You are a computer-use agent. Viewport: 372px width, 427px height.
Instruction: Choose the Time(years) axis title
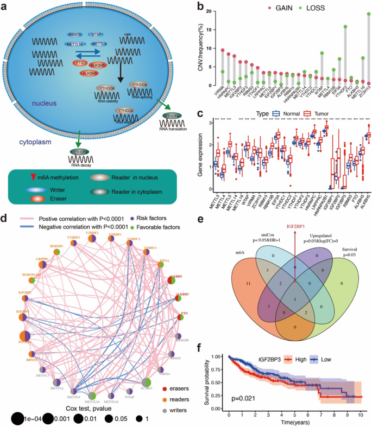293,421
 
